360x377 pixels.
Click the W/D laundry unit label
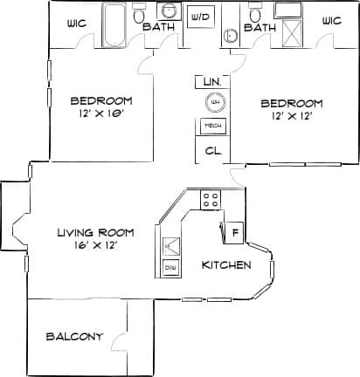pyautogui.click(x=200, y=17)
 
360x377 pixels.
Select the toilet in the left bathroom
pyautogui.click(x=139, y=16)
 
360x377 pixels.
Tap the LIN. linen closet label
pyautogui.click(x=211, y=81)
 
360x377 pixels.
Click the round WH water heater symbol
pyautogui.click(x=212, y=103)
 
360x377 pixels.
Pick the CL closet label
pyautogui.click(x=212, y=150)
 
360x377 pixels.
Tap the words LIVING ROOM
pyautogui.click(x=95, y=232)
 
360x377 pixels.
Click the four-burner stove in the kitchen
pyautogui.click(x=211, y=199)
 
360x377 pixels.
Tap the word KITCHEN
pyautogui.click(x=226, y=264)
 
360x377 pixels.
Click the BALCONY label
pyautogui.click(x=74, y=336)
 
